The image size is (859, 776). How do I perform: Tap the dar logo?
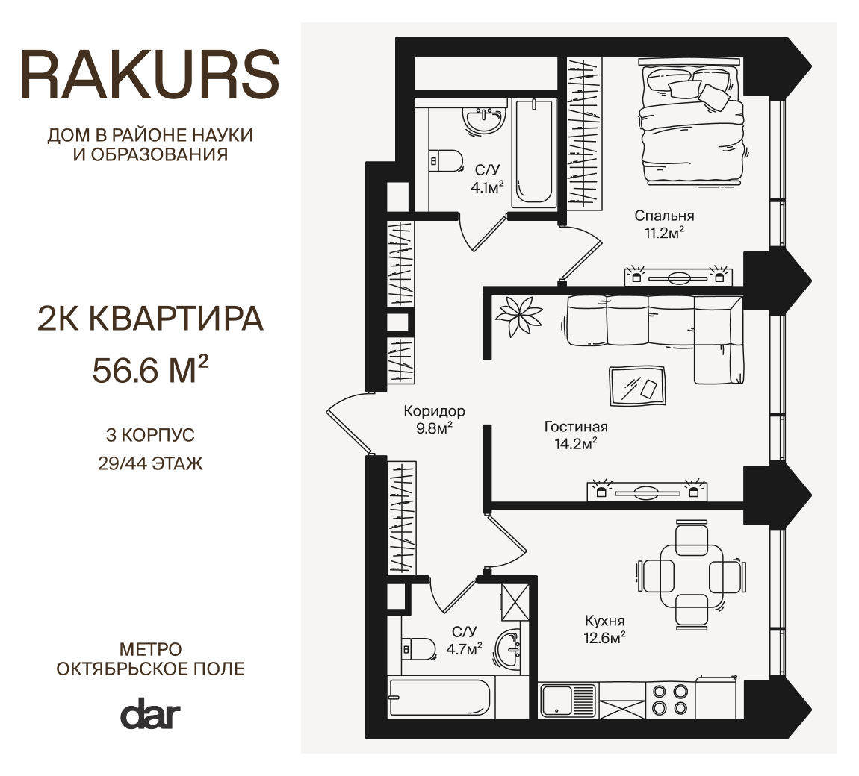tap(150, 713)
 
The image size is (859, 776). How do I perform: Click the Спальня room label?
tap(664, 216)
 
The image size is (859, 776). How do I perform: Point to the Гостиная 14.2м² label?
tap(576, 435)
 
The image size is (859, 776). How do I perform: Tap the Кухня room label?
tap(605, 621)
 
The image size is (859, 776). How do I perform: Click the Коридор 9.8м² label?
tap(435, 419)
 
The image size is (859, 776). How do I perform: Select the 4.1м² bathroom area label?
tap(487, 188)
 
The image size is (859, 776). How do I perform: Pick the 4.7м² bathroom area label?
tap(464, 650)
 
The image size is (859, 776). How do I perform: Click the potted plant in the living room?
tap(518, 316)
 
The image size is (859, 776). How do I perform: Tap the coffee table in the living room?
tap(638, 387)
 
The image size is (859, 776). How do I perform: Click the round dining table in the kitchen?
tap(692, 584)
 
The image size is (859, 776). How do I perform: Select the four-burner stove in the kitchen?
tap(670, 700)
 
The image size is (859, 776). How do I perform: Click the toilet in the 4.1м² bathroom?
tap(445, 161)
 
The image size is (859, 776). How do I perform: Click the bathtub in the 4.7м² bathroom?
tap(441, 698)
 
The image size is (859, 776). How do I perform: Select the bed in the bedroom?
tap(692, 126)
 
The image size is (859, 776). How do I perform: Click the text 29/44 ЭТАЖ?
tap(151, 463)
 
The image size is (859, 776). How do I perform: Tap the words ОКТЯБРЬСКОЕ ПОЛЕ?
tap(151, 669)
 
